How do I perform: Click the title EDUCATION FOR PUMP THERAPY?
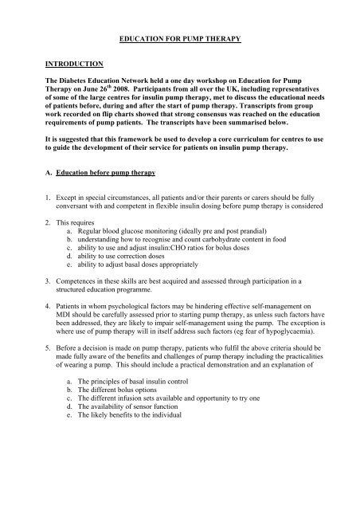(x=181, y=37)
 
